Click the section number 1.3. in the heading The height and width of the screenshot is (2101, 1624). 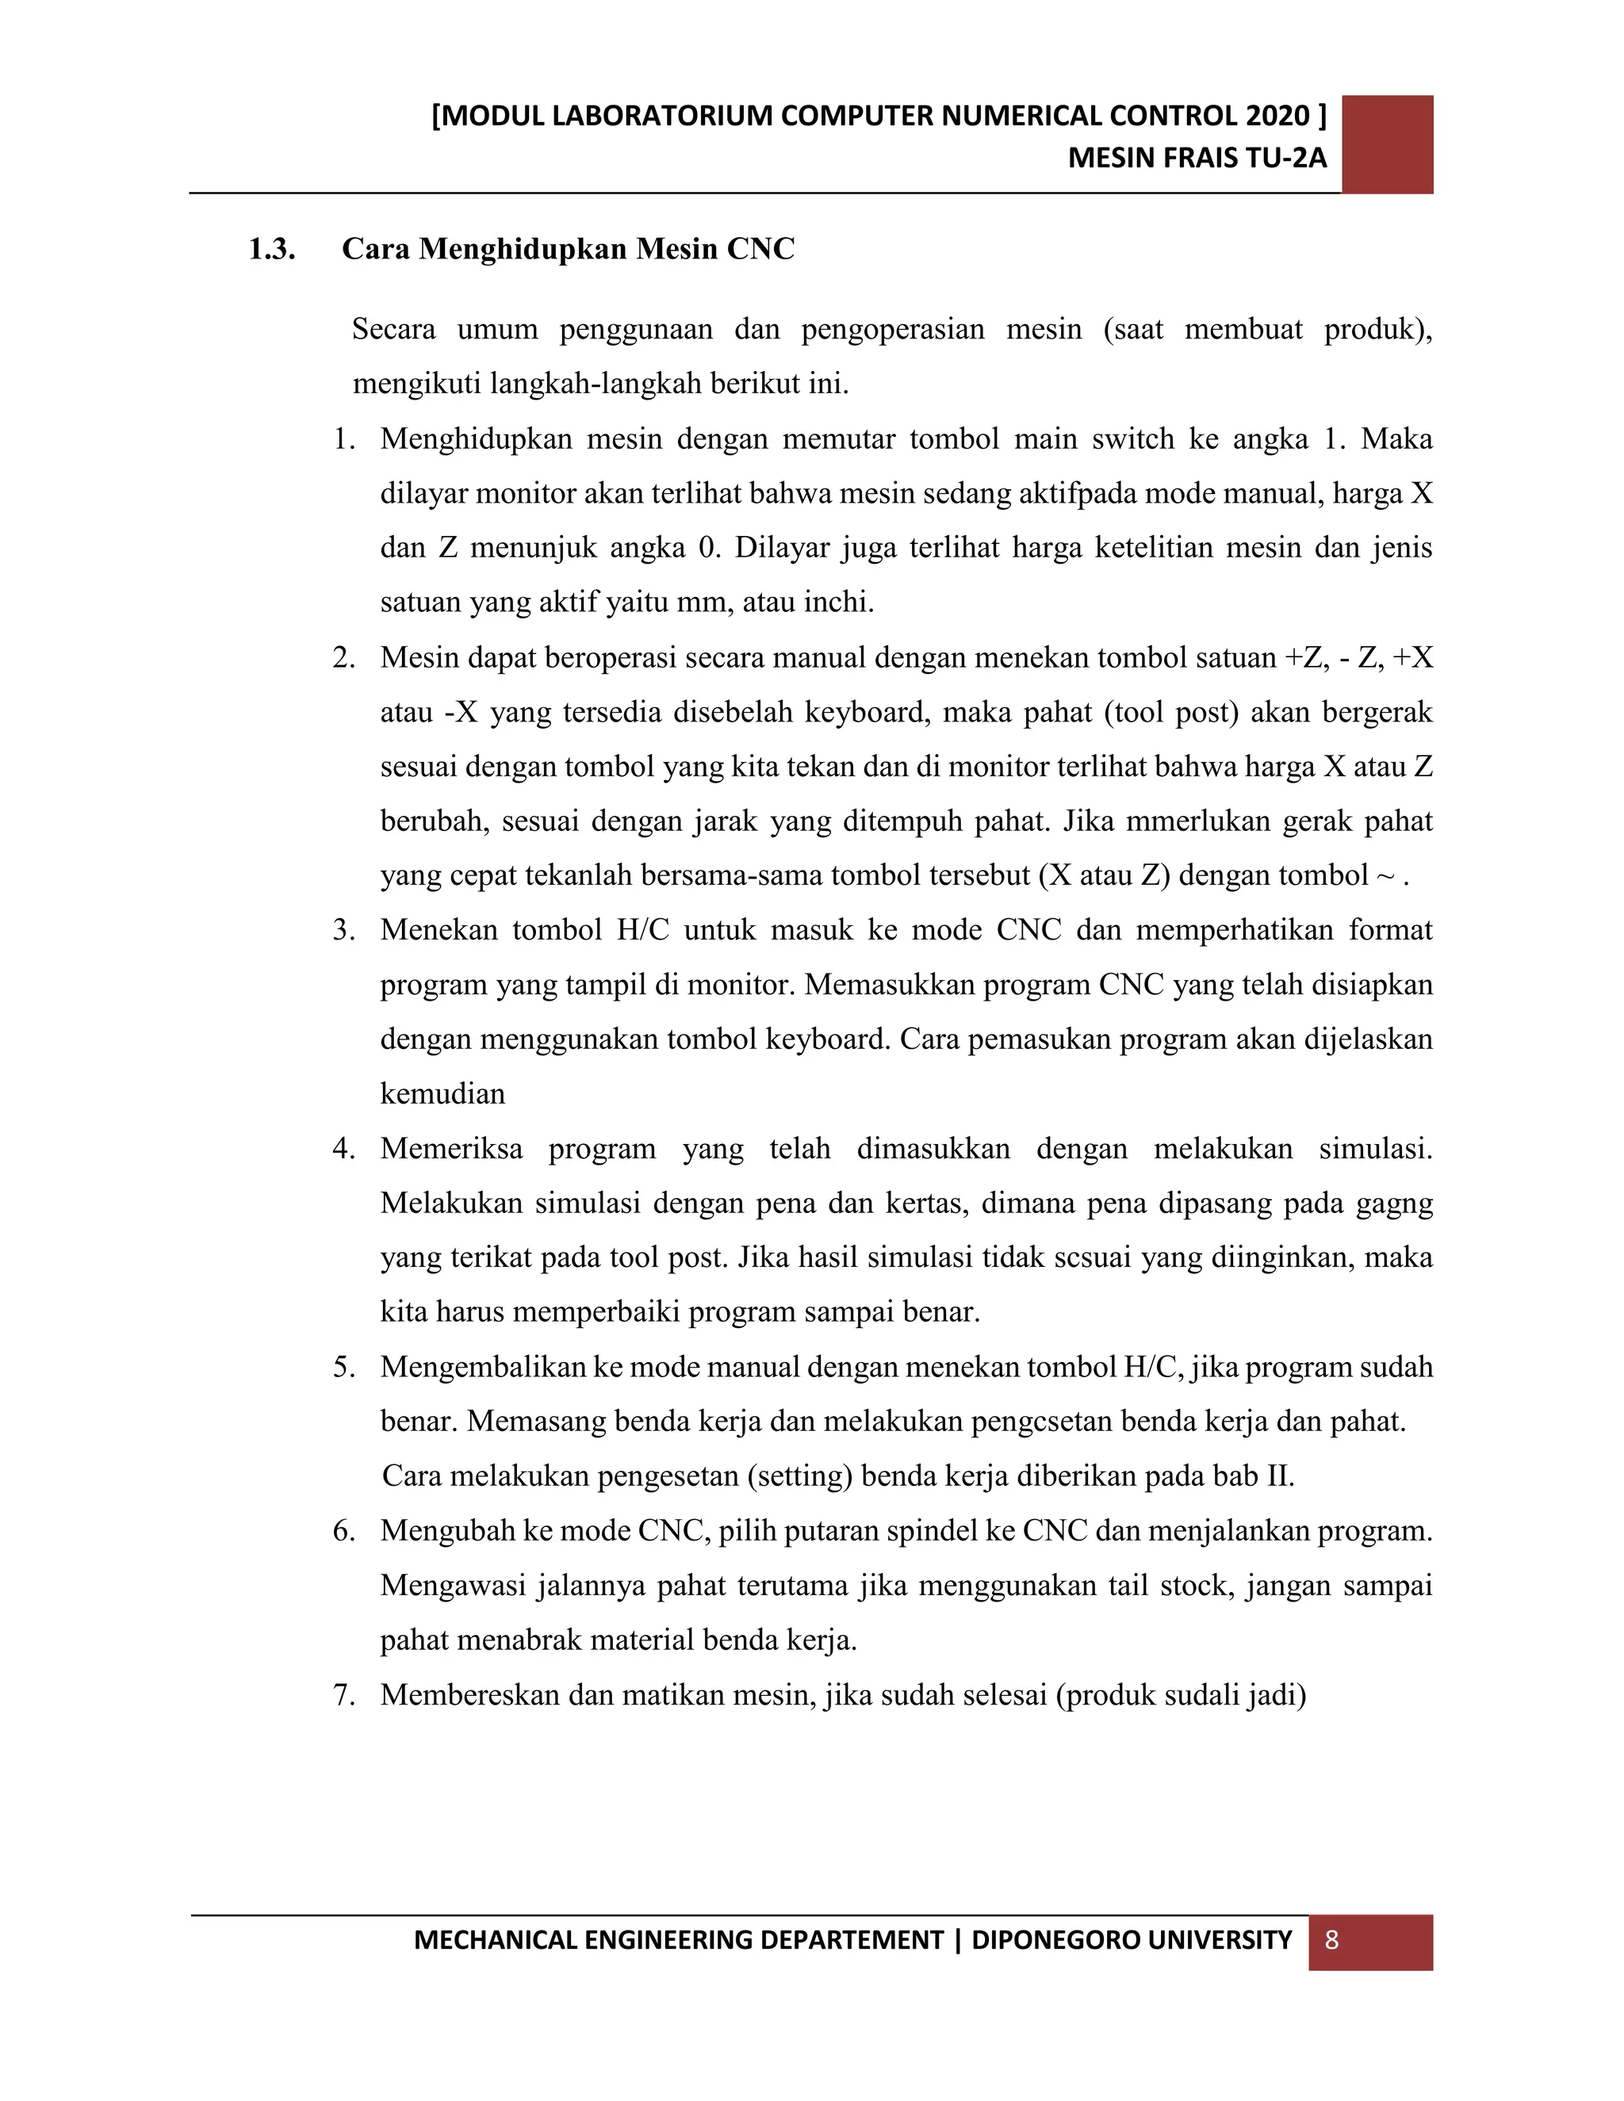(271, 249)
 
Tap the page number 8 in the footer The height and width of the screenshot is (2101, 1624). (1331, 1939)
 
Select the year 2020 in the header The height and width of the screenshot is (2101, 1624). (1277, 116)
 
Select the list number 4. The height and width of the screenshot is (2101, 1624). (343, 1149)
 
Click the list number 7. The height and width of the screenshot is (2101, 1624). (343, 1694)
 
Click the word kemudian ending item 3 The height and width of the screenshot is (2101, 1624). (442, 1094)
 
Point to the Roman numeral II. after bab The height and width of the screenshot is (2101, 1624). (1281, 1475)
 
